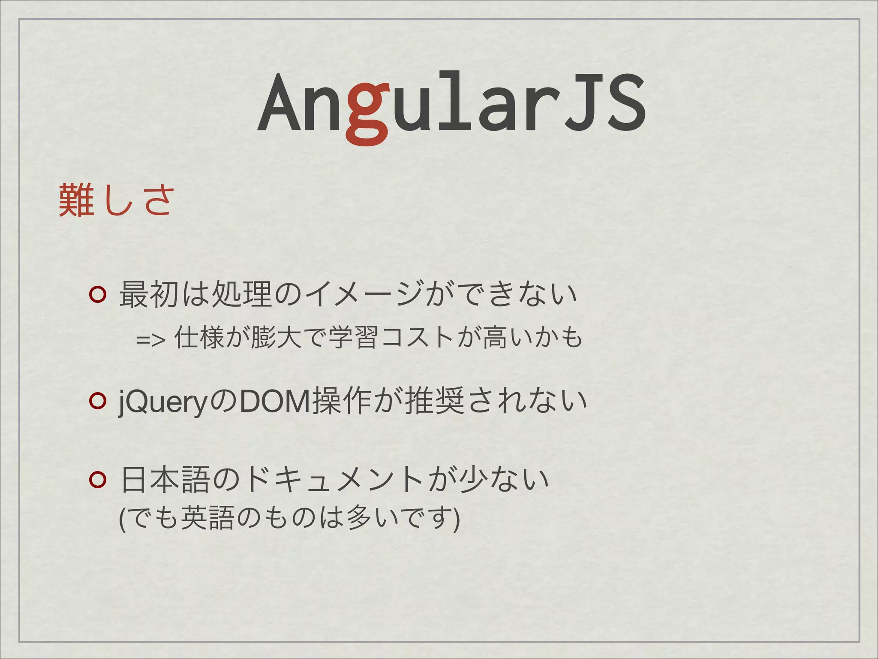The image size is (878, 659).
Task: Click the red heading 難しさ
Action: coord(116,200)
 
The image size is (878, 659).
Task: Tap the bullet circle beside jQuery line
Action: coord(97,401)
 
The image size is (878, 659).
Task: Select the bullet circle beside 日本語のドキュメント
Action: coord(97,480)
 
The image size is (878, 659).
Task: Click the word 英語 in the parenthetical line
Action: coord(207,518)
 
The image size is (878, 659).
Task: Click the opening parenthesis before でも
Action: coord(123,519)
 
